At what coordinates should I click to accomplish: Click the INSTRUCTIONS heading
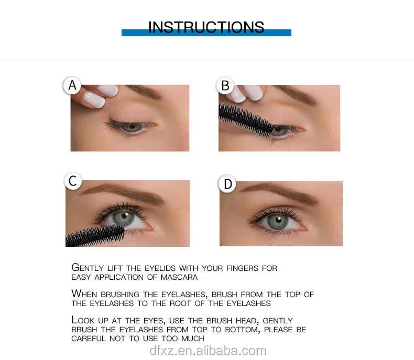206,27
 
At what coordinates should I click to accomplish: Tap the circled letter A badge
72,85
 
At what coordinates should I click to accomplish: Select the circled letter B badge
225,85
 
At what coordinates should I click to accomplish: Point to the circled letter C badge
73,181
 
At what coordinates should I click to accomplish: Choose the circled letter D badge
227,184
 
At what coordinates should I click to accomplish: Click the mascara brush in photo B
246,121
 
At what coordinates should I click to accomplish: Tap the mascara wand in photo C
95,235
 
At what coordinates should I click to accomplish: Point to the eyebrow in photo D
280,193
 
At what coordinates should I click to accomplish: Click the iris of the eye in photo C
124,219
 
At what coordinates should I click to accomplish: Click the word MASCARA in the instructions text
179,277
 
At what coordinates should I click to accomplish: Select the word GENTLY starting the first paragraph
88,268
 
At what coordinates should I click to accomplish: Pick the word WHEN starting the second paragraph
84,294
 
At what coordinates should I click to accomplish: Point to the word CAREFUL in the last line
89,339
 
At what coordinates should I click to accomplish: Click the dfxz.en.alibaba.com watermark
208,351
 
